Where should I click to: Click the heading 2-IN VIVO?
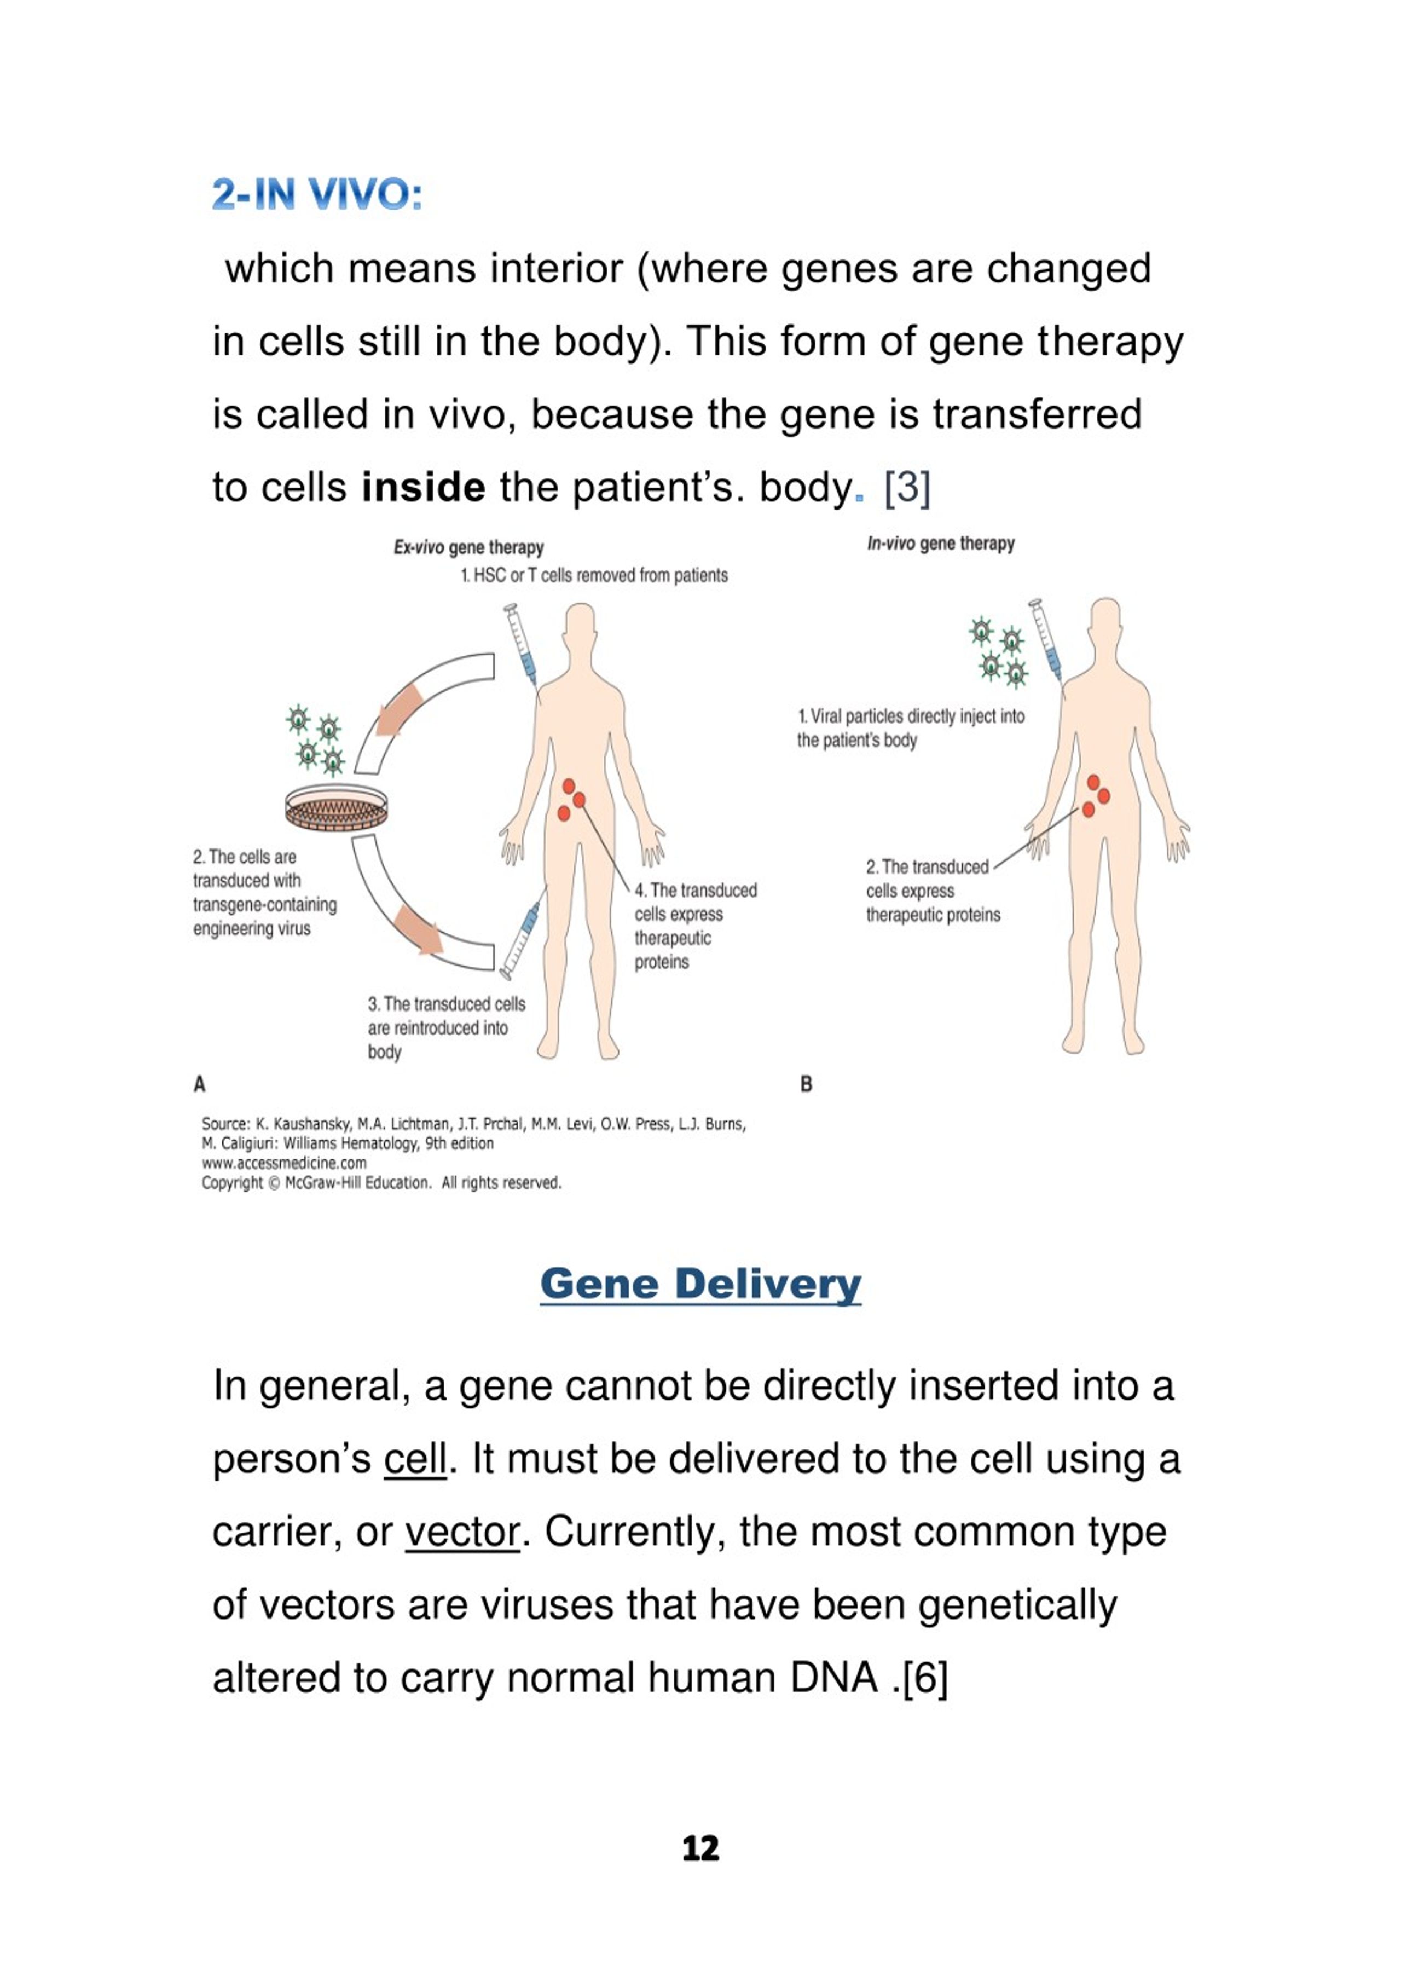[317, 194]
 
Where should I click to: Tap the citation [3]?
[907, 488]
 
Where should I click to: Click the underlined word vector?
[462, 1532]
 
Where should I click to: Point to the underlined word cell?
[415, 1458]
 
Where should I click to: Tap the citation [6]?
[924, 1679]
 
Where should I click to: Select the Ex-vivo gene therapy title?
[468, 547]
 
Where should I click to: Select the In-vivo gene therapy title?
[941, 544]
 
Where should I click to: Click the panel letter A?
[199, 1084]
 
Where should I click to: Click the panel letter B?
[806, 1084]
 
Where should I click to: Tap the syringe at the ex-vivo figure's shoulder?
[522, 645]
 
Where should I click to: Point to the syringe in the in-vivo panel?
[1046, 639]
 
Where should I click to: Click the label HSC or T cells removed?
[594, 576]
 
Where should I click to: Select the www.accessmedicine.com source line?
[284, 1163]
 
